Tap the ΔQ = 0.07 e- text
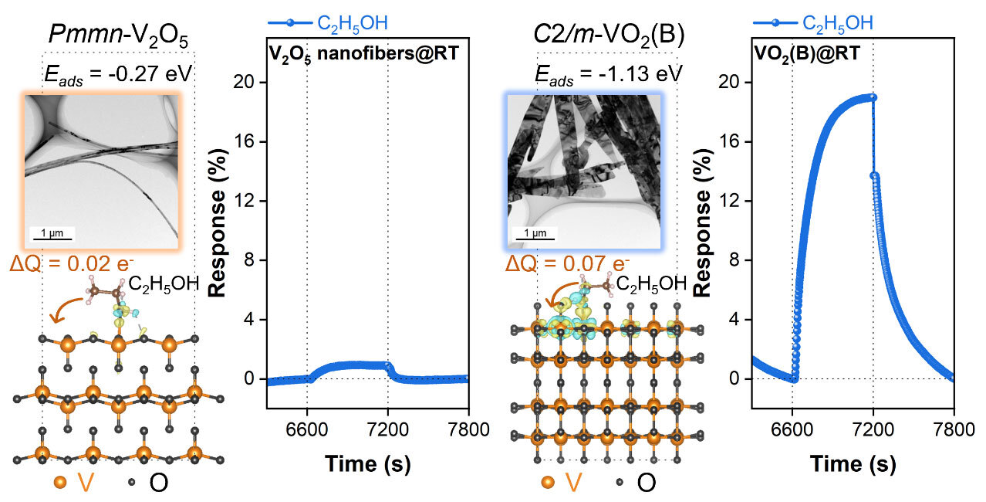568,266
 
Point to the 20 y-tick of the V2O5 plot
248,83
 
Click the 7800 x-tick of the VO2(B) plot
954,429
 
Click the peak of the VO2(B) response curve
871,97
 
